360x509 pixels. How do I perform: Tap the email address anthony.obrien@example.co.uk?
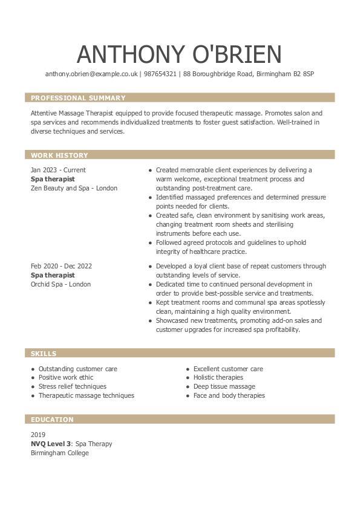91,74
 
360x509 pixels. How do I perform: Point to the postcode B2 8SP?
303,74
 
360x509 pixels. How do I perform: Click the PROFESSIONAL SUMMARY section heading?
78,98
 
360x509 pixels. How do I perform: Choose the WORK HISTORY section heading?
59,155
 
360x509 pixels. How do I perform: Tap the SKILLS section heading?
44,354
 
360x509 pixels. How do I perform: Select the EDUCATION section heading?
52,420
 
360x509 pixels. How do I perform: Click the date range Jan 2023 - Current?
58,170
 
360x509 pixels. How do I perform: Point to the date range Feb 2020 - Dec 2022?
61,266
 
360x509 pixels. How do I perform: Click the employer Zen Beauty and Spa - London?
74,188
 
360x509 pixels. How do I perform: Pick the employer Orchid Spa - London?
61,284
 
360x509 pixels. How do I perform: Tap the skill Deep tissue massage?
224,386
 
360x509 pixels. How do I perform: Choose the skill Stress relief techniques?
72,386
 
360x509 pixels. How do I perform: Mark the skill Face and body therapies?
229,395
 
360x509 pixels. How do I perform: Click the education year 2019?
38,435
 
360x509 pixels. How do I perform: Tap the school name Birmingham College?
59,453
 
